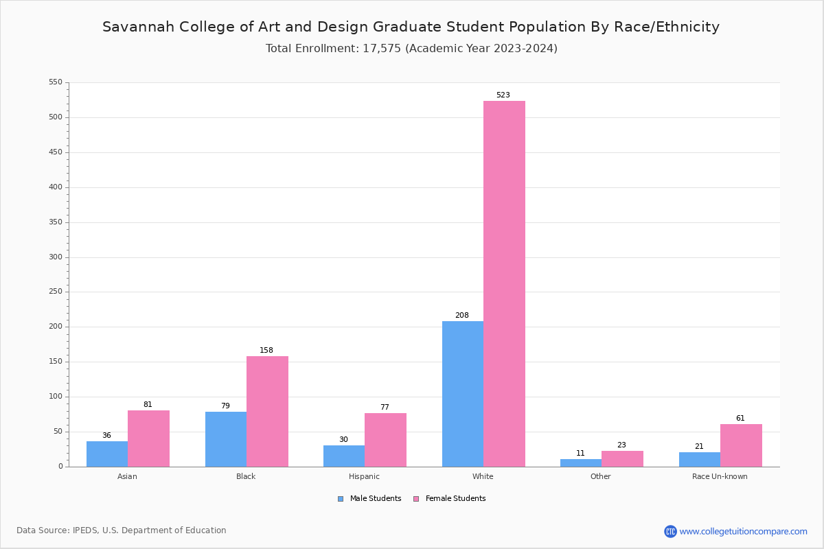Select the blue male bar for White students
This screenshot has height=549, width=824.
pyautogui.click(x=462, y=394)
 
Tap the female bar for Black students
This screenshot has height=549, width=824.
pyautogui.click(x=267, y=411)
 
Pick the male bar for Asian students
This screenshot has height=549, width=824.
pyautogui.click(x=107, y=454)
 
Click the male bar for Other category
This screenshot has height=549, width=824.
pyautogui.click(x=581, y=463)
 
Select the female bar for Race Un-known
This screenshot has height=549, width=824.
pyautogui.click(x=741, y=445)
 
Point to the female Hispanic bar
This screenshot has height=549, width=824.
pyautogui.click(x=385, y=440)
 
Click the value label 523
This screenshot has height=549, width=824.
pyautogui.click(x=503, y=95)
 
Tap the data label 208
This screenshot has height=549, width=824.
pyautogui.click(x=462, y=316)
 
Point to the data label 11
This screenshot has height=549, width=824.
pyautogui.click(x=581, y=454)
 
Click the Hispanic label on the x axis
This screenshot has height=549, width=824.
pyautogui.click(x=364, y=476)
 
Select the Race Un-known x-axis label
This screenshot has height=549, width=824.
pyautogui.click(x=720, y=476)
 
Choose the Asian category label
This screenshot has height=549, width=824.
pyautogui.click(x=127, y=476)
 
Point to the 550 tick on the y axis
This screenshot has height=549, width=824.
pyautogui.click(x=56, y=82)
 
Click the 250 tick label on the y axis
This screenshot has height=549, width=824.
pyautogui.click(x=56, y=292)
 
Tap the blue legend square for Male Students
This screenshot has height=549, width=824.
pyautogui.click(x=341, y=499)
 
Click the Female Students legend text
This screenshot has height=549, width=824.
pyautogui.click(x=455, y=499)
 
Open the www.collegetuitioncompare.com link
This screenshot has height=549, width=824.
pyautogui.click(x=743, y=531)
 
